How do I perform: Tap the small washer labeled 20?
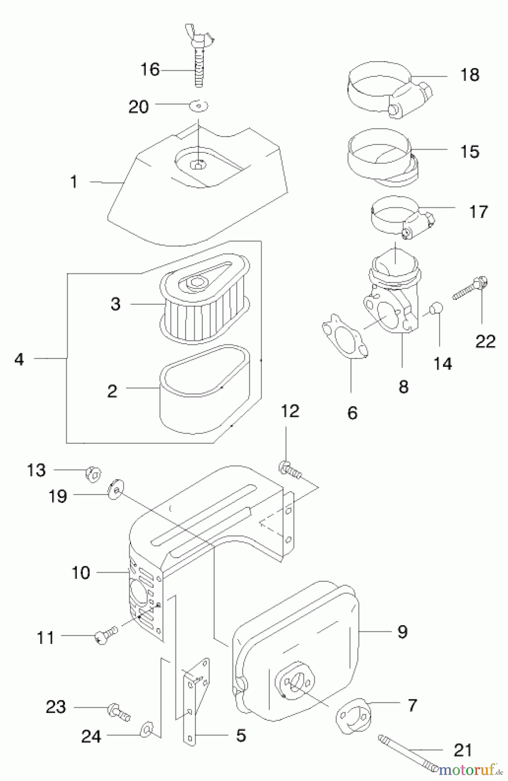(x=199, y=105)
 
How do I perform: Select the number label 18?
(x=469, y=75)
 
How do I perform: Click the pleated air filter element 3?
(x=204, y=304)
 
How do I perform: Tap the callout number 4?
(x=19, y=359)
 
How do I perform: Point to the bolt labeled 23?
(x=118, y=711)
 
